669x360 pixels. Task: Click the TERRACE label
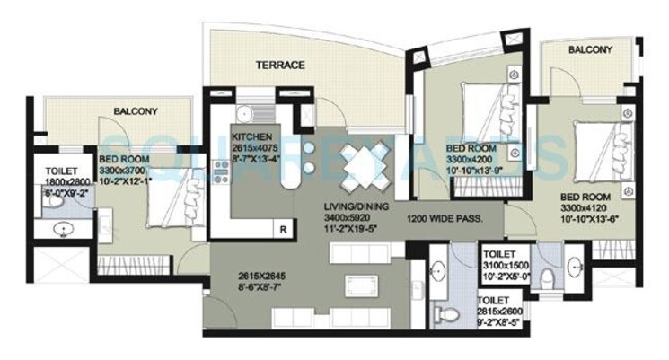280,65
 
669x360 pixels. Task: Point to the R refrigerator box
284,229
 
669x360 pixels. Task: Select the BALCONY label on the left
136,112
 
